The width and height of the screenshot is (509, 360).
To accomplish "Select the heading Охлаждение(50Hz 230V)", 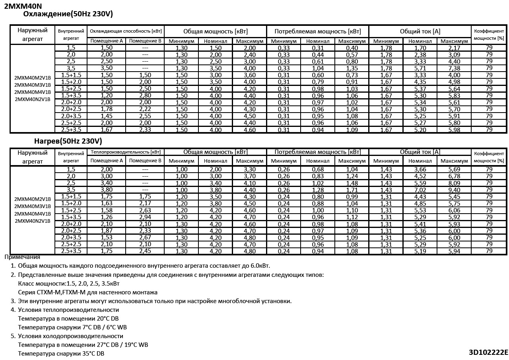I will [68, 14].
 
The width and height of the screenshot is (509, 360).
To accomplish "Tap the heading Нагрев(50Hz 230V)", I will [68, 141].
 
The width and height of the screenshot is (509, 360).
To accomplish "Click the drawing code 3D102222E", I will [488, 352].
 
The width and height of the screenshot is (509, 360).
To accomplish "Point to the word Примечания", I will [22, 257].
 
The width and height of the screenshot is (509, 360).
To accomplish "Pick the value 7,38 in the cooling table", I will [454, 68].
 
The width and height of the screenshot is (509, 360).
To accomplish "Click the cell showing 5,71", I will [420, 68].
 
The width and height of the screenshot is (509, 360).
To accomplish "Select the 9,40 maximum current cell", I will [454, 190].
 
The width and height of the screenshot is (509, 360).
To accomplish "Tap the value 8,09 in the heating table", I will [454, 183].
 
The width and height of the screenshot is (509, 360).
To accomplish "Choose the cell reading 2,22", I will [145, 109].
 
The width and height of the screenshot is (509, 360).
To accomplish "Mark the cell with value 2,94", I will [145, 217].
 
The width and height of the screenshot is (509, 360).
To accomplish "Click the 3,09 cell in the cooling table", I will [454, 55].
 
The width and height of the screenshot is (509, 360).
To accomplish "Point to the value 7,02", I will [420, 190].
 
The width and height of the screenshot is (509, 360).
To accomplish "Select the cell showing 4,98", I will [454, 82].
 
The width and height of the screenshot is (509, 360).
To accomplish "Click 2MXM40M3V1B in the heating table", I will [33, 206].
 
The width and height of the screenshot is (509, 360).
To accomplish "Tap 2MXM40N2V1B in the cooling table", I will [33, 99].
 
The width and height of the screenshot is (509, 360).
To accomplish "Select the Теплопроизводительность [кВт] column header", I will [126, 152].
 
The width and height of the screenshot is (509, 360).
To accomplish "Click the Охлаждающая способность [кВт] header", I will [126, 31].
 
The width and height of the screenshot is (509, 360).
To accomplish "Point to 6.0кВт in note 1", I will [260, 266].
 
